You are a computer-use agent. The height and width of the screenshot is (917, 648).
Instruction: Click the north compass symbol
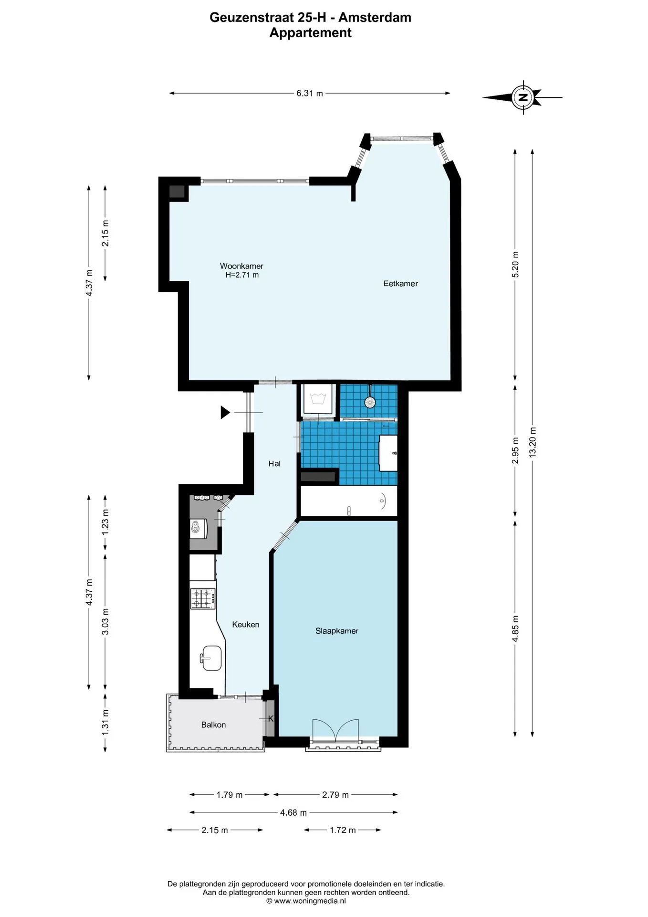click(x=523, y=97)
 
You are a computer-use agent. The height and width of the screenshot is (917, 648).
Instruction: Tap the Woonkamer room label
click(x=241, y=266)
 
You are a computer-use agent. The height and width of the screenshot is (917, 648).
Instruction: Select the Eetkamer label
click(x=401, y=284)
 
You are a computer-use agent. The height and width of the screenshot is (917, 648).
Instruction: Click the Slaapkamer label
click(x=337, y=631)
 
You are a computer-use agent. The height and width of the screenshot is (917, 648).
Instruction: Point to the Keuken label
click(x=246, y=624)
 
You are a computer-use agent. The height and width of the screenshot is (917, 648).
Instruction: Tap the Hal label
click(x=274, y=464)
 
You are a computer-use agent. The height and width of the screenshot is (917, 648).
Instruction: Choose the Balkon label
click(x=213, y=725)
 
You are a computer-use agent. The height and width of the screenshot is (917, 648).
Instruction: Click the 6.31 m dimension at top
click(x=310, y=94)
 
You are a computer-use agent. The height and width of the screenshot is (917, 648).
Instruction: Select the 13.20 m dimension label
click(x=533, y=442)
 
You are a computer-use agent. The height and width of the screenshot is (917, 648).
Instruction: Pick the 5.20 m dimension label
click(x=515, y=264)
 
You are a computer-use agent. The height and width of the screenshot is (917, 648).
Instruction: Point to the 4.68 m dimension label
click(x=293, y=812)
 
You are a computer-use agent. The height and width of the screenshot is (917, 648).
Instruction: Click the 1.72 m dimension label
click(x=343, y=830)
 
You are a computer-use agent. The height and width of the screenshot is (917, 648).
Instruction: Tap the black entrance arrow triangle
click(x=225, y=412)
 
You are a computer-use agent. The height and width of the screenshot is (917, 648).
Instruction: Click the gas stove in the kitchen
click(x=203, y=598)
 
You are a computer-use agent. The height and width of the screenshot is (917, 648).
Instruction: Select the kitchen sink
click(x=210, y=658)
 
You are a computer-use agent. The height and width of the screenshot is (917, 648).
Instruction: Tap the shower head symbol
click(x=369, y=402)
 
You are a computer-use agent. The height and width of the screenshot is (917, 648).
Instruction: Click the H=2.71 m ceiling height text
click(x=242, y=275)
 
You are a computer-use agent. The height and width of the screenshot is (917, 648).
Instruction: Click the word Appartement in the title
click(x=311, y=33)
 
